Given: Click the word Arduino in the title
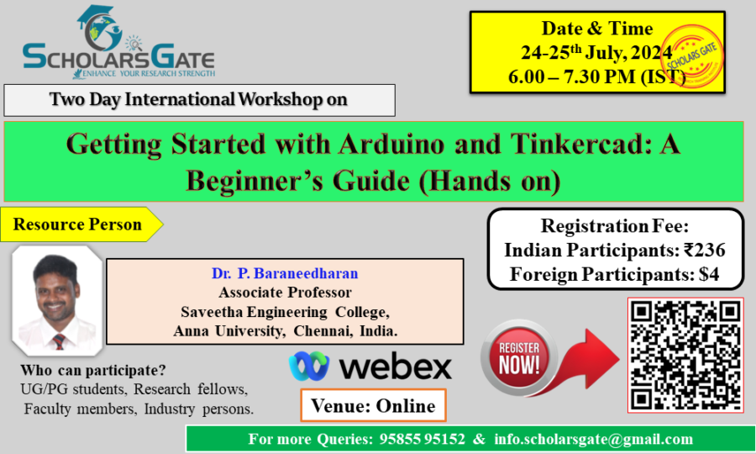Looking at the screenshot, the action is (x=391, y=144).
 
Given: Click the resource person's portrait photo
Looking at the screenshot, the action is (x=57, y=301).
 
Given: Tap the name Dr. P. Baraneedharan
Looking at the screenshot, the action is (x=285, y=273).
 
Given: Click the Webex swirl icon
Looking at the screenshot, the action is (x=308, y=366).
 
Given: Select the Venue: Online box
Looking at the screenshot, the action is (x=373, y=405).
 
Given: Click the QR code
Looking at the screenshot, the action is (x=685, y=355).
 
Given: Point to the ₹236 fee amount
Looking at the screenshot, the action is (x=705, y=250).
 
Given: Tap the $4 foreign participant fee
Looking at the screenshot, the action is (x=709, y=274).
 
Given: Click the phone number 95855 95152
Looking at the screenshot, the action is (x=422, y=439).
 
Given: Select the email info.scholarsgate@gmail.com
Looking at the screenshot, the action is (x=594, y=439).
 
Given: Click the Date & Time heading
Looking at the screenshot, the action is (x=597, y=28).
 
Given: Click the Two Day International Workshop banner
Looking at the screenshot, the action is (x=199, y=100).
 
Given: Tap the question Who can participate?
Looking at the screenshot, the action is (x=93, y=370).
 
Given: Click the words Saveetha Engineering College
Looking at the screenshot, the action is (x=285, y=312).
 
